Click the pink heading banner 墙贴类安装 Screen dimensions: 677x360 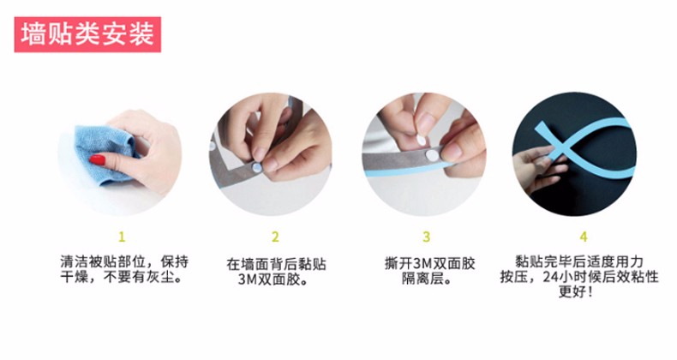pos(87,34)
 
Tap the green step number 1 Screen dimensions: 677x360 pos(122,237)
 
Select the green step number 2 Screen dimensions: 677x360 pos(275,237)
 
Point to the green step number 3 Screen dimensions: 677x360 pos(426,237)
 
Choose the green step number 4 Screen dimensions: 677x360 pos(584,237)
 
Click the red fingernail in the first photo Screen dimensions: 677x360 pos(98,160)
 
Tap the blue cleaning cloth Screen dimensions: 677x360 pos(104,153)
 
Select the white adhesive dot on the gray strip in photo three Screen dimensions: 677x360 pos(432,155)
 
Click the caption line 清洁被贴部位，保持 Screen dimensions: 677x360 pos(124,261)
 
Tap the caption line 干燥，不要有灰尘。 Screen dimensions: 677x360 pos(121,277)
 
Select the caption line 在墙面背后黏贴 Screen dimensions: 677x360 pos(276,264)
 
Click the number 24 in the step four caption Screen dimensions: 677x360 pos(551,277)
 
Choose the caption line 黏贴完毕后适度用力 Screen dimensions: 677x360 pos(579,261)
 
